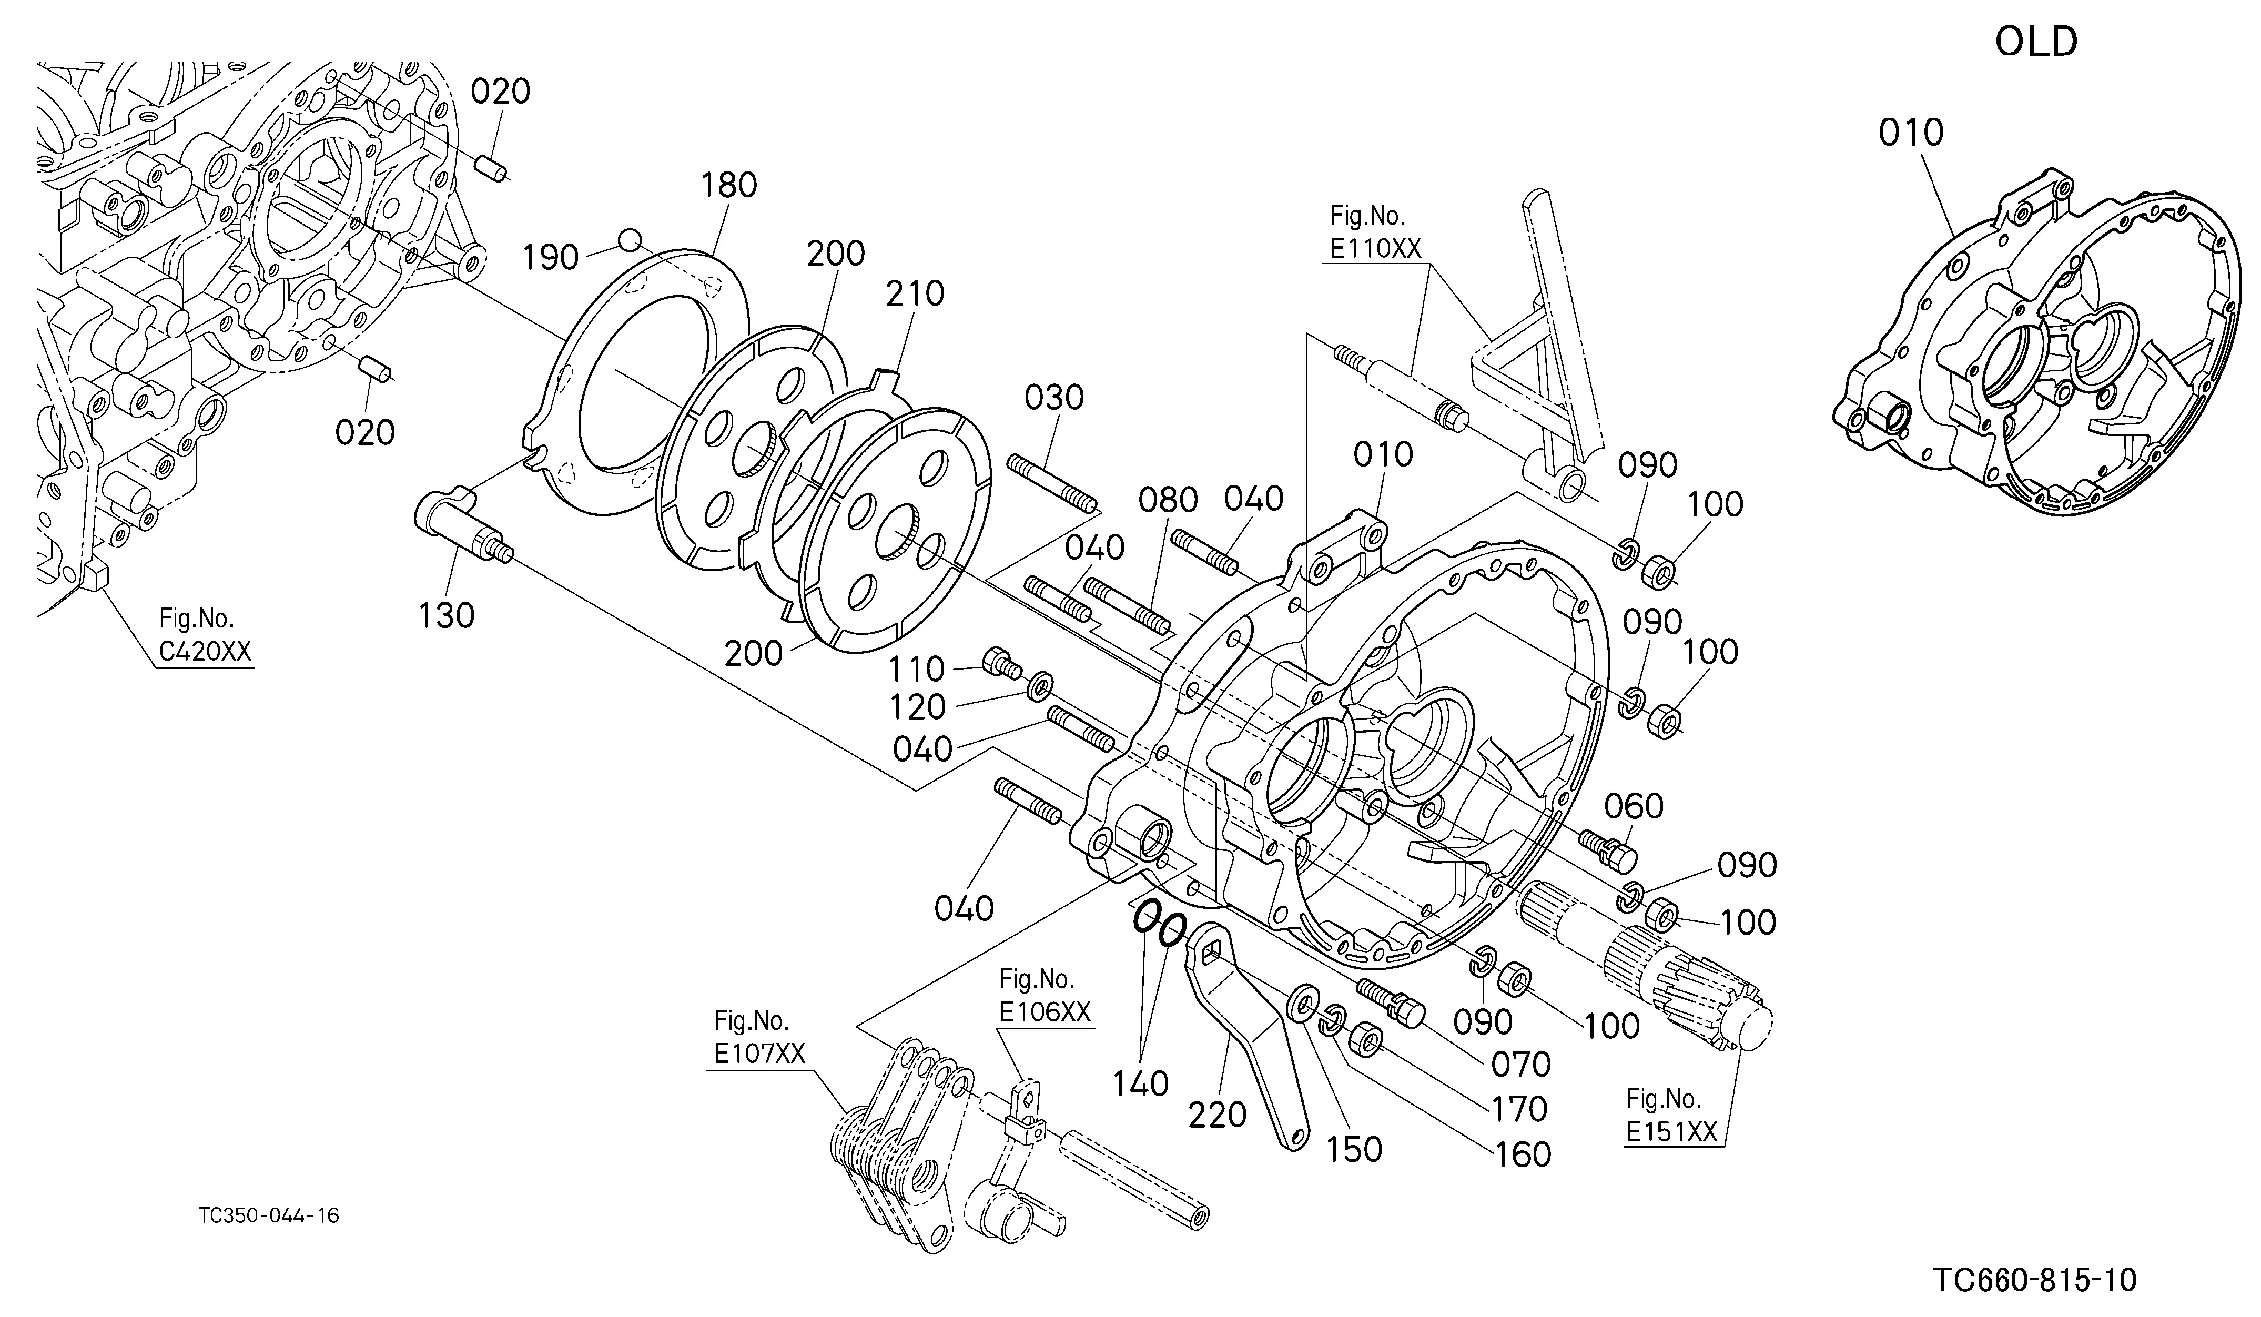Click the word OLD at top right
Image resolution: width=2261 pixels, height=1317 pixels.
2036,42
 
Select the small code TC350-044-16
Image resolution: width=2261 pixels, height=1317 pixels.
269,1215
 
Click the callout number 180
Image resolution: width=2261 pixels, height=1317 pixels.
728,186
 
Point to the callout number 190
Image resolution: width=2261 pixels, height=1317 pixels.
550,258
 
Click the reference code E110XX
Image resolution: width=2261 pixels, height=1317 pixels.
1375,248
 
